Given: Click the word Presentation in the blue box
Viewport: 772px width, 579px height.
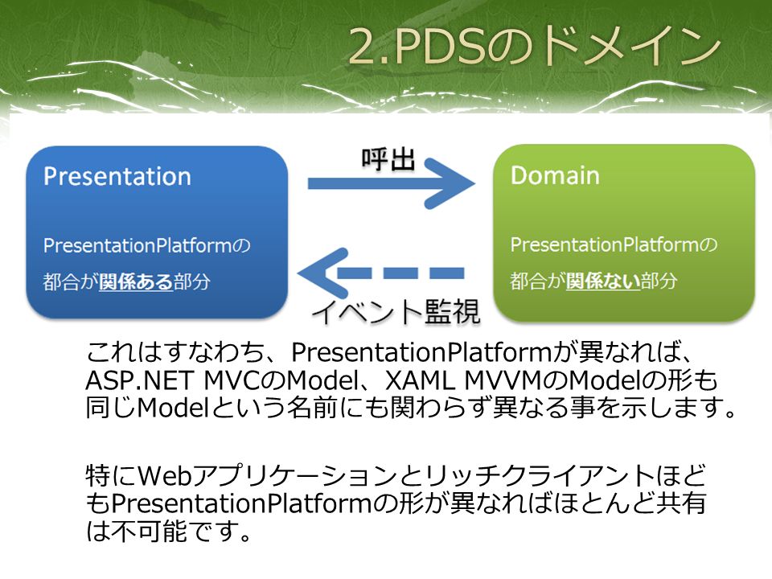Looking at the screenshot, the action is tap(117, 176).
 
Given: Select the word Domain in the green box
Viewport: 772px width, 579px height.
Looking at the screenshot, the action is tap(555, 175).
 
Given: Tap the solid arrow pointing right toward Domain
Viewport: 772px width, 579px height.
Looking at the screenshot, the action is tap(392, 183).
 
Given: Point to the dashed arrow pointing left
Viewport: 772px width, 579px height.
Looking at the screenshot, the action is tap(380, 273).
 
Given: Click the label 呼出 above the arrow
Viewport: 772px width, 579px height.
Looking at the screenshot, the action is tap(388, 159).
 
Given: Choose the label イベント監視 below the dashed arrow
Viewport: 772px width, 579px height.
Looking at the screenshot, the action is tap(396, 312).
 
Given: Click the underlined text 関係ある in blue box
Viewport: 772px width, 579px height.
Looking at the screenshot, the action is tap(136, 281).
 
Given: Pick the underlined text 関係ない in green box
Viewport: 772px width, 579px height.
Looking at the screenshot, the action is tap(603, 281).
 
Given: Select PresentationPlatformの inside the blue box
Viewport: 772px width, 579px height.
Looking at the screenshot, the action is tap(146, 245).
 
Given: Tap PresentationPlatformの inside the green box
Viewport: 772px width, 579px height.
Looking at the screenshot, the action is tap(614, 244).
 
